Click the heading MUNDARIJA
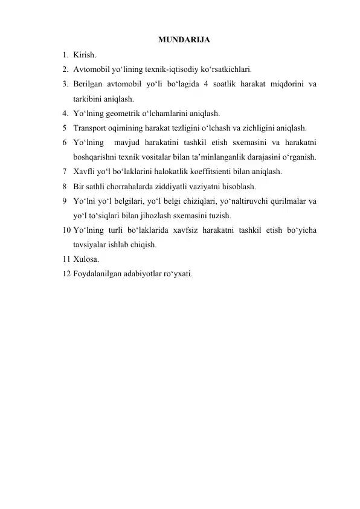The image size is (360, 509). click(184, 41)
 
